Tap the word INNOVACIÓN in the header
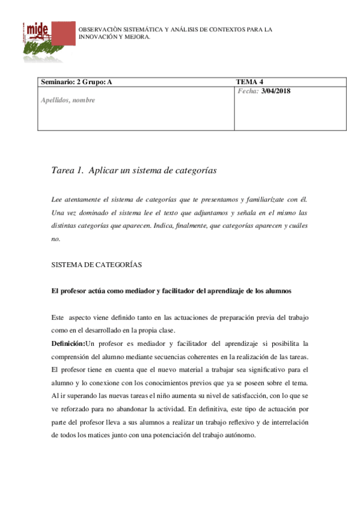pyautogui.click(x=97, y=37)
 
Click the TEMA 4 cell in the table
pyautogui.click(x=250, y=82)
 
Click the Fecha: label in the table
pyautogui.click(x=248, y=91)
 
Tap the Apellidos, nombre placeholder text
pyautogui.click(x=67, y=100)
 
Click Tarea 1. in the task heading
pyautogui.click(x=68, y=171)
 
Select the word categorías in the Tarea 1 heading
pyautogui.click(x=194, y=171)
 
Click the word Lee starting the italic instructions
pyautogui.click(x=57, y=199)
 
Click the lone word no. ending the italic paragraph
pyautogui.click(x=56, y=239)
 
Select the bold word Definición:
pyautogui.click(x=69, y=344)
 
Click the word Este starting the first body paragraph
pyautogui.click(x=58, y=317)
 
